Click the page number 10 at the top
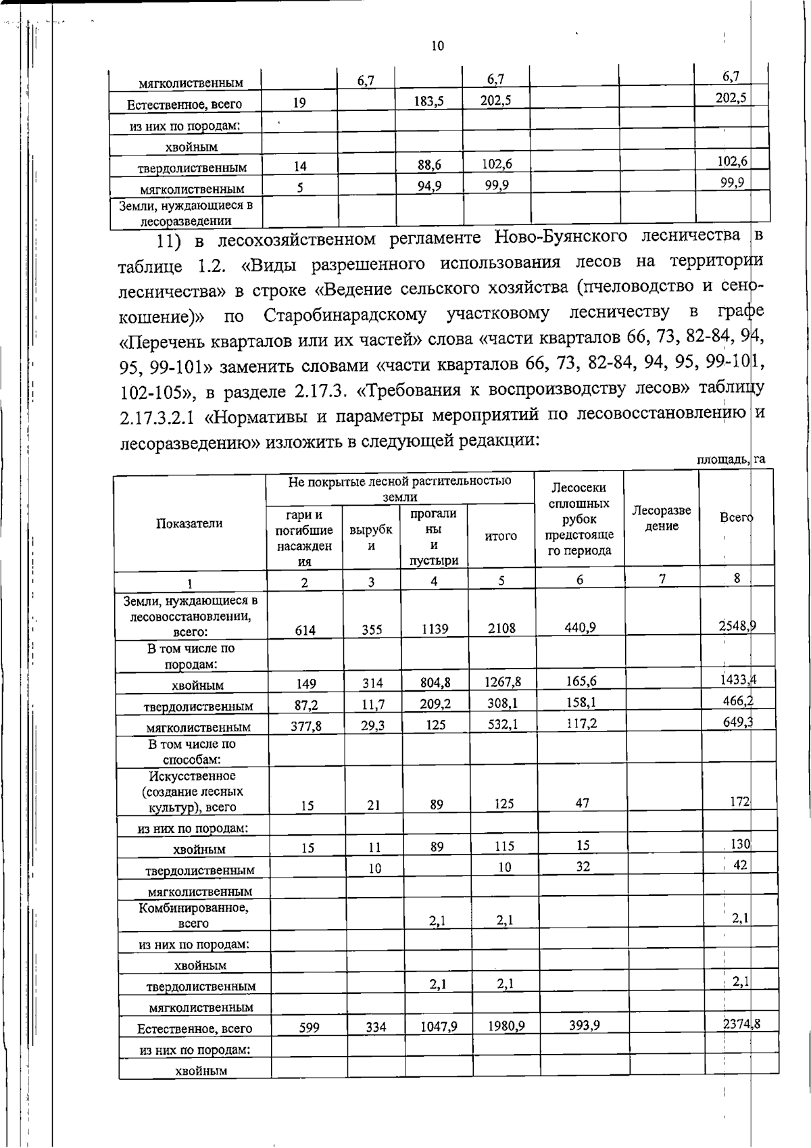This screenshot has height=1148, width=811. pos(437,46)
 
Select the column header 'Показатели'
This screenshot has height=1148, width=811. pos(189,523)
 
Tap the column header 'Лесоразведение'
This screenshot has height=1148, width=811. pos(662,519)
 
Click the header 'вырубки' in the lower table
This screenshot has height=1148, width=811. pos(371,538)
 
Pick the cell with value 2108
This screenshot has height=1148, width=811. pos(502,628)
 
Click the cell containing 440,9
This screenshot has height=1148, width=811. pos(580,627)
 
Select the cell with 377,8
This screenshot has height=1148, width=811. pos(305,726)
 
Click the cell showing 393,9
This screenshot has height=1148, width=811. pos(584,1026)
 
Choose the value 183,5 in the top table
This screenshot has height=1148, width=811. pos(428,102)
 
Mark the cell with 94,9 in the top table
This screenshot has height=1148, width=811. pos(429,187)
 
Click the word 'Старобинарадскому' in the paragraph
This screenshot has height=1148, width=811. pos(345,315)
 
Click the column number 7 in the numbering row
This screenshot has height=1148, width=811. pos(662,578)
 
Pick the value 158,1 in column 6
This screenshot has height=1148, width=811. pos(580,703)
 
